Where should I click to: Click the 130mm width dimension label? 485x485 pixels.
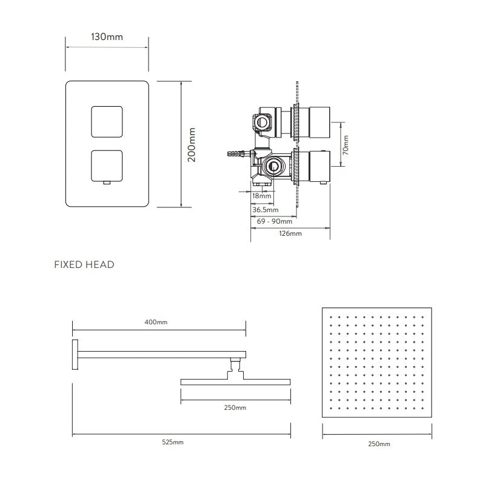[x=107, y=37]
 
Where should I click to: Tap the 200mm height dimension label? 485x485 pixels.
[x=192, y=145]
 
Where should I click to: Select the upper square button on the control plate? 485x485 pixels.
[x=107, y=122]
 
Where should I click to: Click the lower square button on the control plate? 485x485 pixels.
[x=107, y=166]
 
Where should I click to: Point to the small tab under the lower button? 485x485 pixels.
[x=107, y=183]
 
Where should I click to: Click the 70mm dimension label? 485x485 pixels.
[x=346, y=145]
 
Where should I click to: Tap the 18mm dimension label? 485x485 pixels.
[x=262, y=196]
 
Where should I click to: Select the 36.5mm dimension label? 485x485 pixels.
[x=266, y=210]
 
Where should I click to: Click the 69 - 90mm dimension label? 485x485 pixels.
[x=275, y=221]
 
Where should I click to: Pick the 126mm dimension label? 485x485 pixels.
[x=290, y=233]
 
